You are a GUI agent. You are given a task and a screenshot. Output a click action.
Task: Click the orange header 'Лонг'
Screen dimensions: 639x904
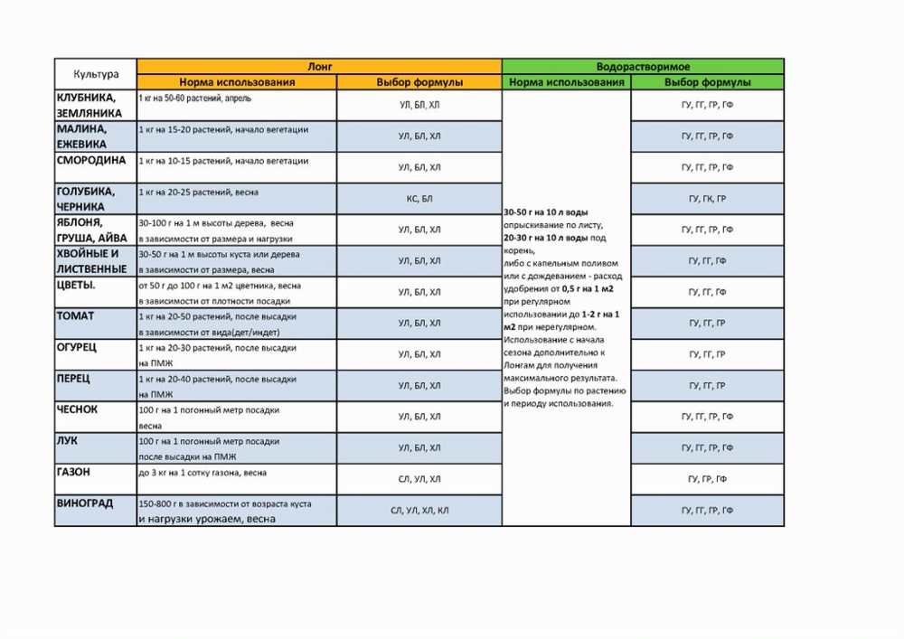[319, 67]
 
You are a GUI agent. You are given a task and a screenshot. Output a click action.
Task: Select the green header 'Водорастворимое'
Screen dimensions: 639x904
[643, 67]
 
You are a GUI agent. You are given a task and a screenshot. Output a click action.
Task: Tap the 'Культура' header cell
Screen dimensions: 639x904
[96, 74]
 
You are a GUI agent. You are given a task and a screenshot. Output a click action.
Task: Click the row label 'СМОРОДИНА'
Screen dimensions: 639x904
[91, 160]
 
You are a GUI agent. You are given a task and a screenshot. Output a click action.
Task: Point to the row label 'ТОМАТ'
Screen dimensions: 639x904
[75, 316]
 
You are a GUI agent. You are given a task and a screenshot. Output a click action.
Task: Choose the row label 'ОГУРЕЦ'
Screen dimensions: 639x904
[78, 347]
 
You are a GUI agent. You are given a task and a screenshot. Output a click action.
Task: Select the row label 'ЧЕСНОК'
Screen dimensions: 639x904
[77, 409]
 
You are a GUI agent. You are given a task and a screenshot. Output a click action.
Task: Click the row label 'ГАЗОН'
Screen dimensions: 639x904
[73, 472]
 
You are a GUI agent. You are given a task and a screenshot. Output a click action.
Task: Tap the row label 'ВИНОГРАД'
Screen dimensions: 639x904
[85, 503]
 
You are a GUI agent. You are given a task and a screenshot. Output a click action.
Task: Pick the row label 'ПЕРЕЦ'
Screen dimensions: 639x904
[73, 378]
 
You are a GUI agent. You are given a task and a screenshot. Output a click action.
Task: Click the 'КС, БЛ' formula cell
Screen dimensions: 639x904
[419, 198]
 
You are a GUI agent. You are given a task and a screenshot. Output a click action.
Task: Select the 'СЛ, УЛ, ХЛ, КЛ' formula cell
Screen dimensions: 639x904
[419, 511]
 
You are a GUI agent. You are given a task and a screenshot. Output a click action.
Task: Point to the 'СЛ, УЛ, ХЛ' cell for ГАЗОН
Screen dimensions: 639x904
[419, 479]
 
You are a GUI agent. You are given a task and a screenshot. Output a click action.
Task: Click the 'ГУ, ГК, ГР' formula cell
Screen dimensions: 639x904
[707, 198]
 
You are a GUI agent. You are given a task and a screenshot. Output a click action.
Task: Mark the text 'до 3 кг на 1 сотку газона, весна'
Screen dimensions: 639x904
[202, 473]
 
